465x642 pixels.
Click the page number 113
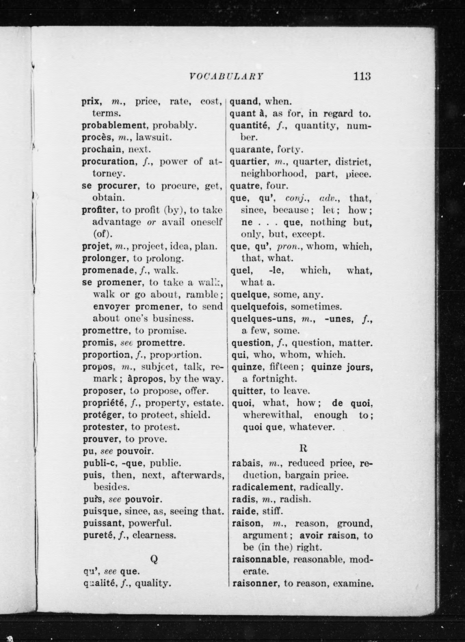pyautogui.click(x=362, y=76)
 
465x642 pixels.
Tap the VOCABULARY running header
pyautogui.click(x=226, y=77)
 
